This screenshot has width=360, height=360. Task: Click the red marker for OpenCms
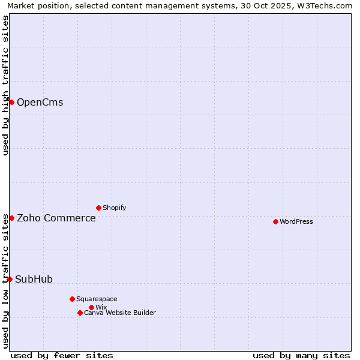[x=11, y=102]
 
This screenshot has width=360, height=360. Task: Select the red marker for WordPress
[x=275, y=221]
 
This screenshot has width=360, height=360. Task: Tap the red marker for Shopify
[x=98, y=208]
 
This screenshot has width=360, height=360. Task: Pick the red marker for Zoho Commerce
[x=11, y=218]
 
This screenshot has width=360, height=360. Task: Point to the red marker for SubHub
[x=10, y=279]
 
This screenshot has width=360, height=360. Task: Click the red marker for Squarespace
[x=72, y=299]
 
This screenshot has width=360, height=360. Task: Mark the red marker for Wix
[x=91, y=307]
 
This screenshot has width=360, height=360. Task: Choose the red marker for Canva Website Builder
[x=80, y=313]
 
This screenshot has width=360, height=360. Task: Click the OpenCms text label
[x=40, y=102]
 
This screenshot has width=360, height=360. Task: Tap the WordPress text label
[x=296, y=221]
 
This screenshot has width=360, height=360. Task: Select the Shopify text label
[x=114, y=208]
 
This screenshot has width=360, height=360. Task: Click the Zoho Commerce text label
[x=56, y=218]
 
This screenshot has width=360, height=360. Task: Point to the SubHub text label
[x=34, y=279]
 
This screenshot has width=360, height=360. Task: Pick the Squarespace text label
[x=97, y=299]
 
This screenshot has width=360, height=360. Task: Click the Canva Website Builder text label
[x=119, y=313]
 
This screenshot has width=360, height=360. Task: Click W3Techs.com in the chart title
[x=326, y=6]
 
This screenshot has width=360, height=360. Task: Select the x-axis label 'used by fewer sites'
[x=62, y=355]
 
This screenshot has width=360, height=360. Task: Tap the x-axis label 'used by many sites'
[x=301, y=355]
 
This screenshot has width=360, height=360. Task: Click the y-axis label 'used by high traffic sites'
[x=5, y=85]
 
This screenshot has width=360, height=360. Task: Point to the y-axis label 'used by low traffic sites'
[x=5, y=281]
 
